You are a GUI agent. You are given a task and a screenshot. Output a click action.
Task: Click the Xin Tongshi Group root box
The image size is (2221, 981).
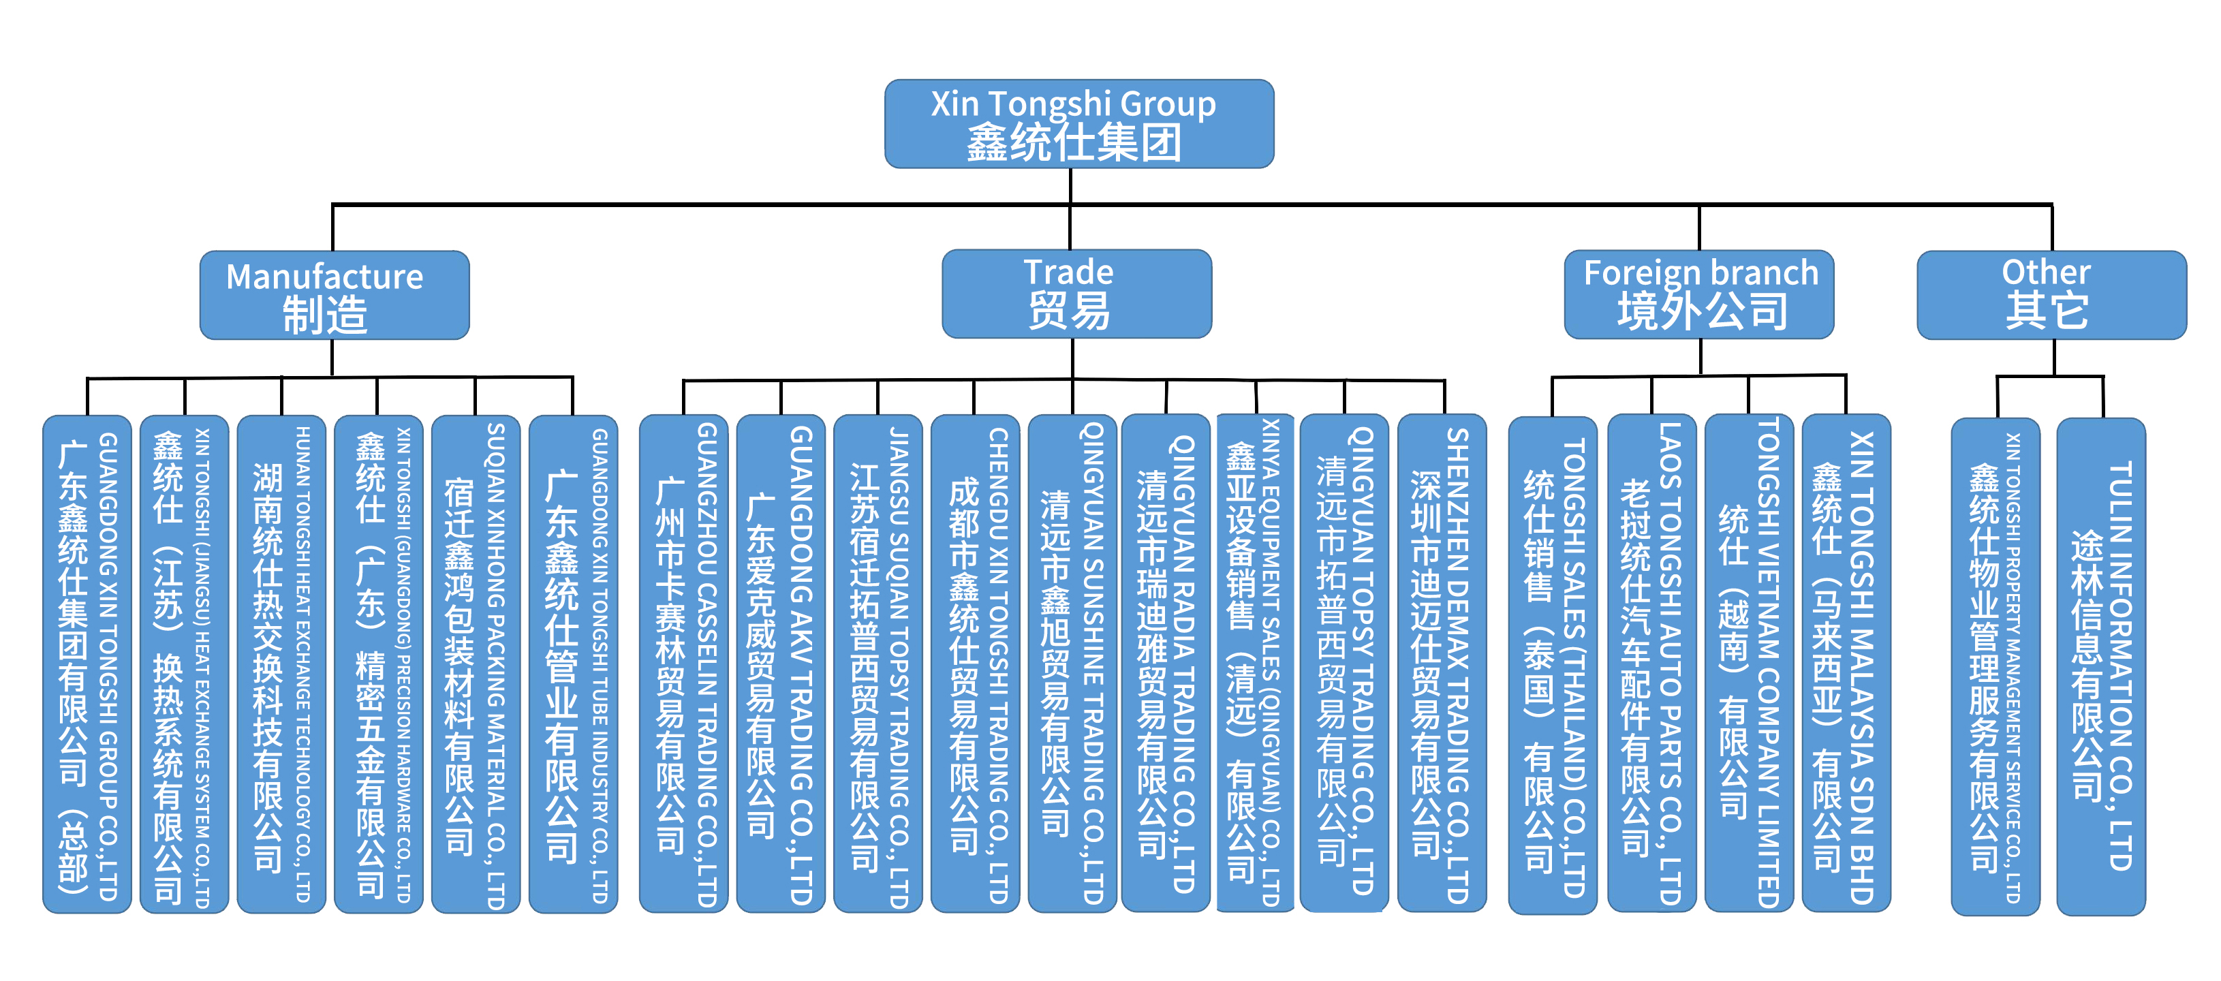pos(1078,124)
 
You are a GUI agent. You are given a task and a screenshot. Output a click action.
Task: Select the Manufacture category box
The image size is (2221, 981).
pos(335,296)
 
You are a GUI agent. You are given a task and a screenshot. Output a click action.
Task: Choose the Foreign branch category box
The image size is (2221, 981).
pos(1698,295)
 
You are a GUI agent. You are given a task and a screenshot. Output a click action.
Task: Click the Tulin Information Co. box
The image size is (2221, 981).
pos(2100,666)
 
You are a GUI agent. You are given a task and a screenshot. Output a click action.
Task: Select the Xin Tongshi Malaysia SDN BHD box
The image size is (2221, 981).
pos(1846,664)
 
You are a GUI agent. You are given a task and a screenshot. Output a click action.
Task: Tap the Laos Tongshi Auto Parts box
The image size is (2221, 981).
pos(1651,664)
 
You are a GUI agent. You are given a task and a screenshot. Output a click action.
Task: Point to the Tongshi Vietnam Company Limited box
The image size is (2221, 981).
pos(1748,664)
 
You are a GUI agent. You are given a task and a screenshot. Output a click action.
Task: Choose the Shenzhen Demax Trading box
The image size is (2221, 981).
pos(1442,664)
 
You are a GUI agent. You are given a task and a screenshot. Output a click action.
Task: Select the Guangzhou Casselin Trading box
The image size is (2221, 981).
pos(684,664)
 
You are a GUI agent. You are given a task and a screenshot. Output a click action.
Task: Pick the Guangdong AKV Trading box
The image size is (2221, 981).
pos(780,664)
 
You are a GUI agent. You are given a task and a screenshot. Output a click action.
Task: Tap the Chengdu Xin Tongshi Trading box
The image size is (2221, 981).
pos(975,664)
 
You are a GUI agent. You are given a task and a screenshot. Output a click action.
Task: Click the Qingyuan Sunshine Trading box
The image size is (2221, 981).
pos(1072,664)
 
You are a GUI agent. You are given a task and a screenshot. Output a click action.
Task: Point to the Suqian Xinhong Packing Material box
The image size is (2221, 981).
pos(475,664)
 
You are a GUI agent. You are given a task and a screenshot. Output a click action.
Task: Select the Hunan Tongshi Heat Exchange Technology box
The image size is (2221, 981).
pos(281,664)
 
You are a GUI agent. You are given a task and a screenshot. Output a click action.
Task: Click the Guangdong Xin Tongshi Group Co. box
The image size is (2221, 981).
pos(87,664)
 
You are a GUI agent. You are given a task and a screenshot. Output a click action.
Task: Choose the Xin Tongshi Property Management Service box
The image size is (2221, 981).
pos(1995,666)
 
